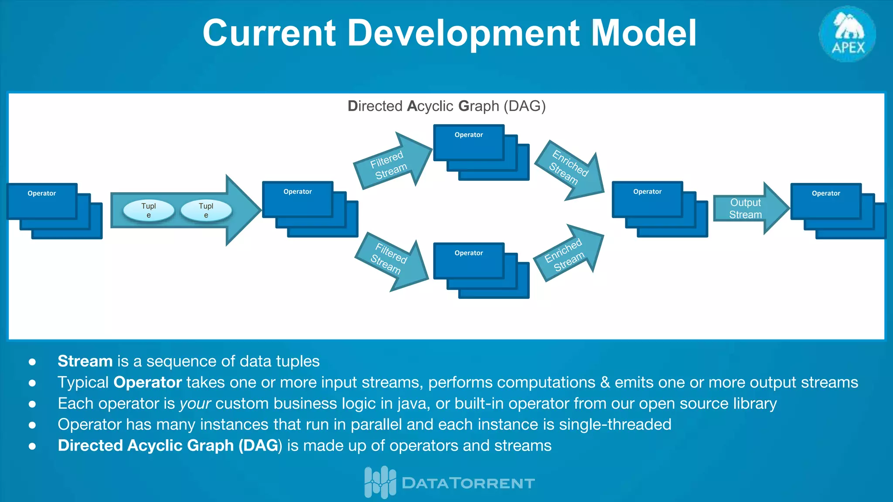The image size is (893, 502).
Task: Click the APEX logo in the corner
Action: (847, 34)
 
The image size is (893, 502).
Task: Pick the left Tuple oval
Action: (149, 210)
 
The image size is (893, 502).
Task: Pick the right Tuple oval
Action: (206, 210)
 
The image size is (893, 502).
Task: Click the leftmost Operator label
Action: (42, 193)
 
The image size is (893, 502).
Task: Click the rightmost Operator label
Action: (826, 193)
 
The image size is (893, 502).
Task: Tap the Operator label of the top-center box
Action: (469, 135)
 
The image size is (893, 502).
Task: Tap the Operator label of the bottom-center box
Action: (469, 253)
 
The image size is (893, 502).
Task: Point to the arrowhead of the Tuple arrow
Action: (244, 210)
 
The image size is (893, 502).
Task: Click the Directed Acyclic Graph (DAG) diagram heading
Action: (446, 106)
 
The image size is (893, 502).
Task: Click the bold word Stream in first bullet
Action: (85, 361)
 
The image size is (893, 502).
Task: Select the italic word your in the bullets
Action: (195, 404)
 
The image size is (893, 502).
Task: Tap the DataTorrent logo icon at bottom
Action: (380, 482)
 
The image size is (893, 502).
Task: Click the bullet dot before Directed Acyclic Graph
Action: (32, 446)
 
